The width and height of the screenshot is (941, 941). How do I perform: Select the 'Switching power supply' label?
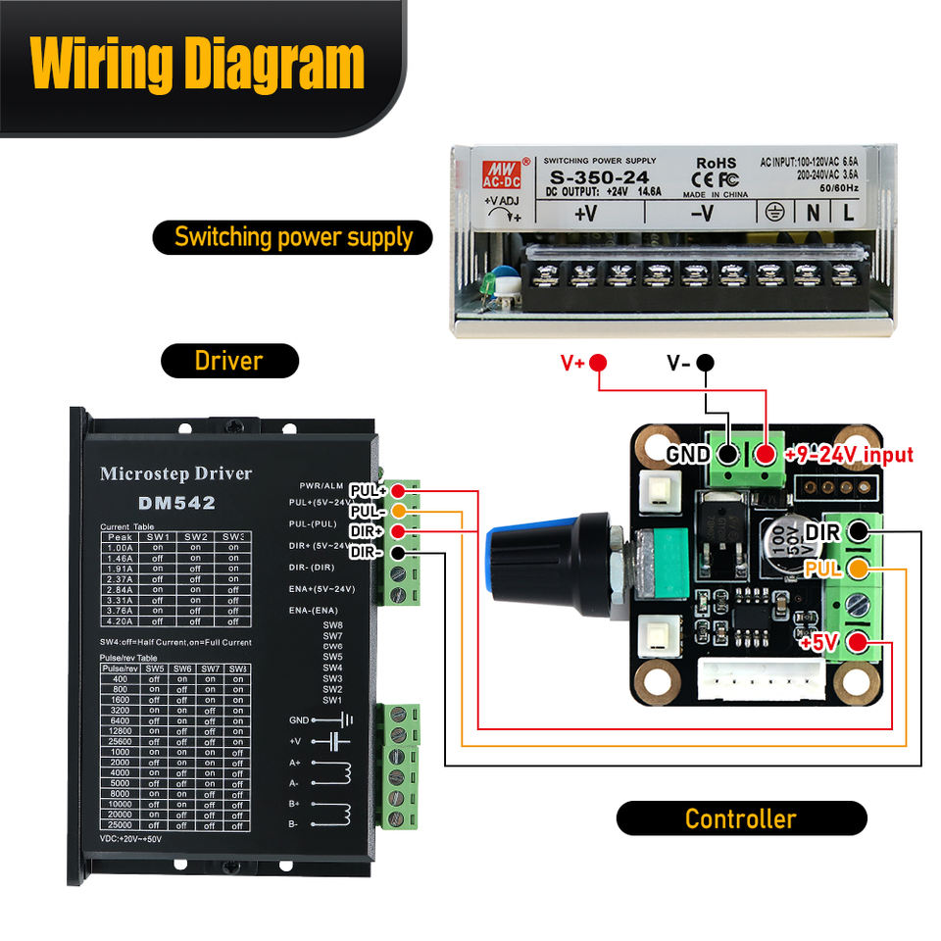pos(293,236)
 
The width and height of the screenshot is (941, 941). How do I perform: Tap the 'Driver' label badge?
pos(228,360)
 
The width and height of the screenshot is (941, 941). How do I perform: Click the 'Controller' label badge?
pos(741,818)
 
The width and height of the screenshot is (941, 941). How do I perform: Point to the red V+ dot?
pos(599,363)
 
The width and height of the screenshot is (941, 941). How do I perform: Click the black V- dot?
pos(706,363)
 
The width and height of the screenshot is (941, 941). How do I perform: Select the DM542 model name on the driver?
pos(176,503)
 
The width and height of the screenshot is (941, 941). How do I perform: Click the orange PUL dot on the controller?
pos(859,568)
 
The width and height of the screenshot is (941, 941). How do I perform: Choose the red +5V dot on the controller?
pos(859,644)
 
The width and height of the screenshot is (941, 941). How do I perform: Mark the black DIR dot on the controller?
pos(859,531)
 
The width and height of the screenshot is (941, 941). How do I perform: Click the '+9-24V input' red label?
pos(848,455)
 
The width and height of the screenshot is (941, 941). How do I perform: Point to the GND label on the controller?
pos(688,455)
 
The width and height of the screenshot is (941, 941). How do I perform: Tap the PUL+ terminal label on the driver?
pos(368,490)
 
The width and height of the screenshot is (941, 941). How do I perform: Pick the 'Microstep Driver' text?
pos(175,474)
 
